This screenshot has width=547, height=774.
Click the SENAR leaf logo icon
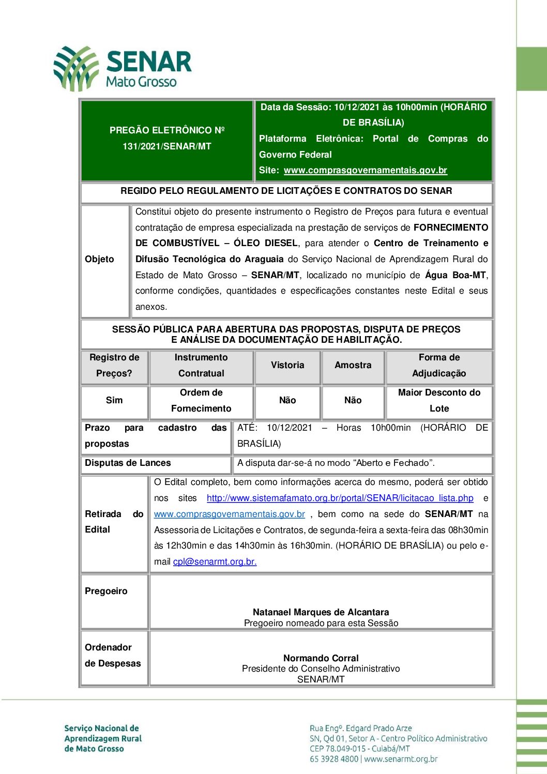(x=76, y=68)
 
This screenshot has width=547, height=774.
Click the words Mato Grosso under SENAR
(x=141, y=82)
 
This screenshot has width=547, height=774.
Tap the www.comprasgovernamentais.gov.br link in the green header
(x=365, y=170)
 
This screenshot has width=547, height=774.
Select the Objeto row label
(x=99, y=259)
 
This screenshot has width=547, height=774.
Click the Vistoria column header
(x=287, y=365)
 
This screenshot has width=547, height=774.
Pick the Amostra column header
(x=353, y=365)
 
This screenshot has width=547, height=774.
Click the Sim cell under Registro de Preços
(x=114, y=400)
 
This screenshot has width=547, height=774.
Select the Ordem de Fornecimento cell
(x=201, y=400)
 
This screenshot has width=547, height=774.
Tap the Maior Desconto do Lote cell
(x=439, y=400)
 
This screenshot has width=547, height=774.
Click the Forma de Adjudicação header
(x=439, y=365)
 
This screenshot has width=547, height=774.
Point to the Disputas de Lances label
(x=128, y=463)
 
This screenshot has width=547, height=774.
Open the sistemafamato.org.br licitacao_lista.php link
(x=340, y=498)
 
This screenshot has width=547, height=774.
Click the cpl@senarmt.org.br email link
(x=215, y=561)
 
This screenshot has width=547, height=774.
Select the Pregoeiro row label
(x=106, y=591)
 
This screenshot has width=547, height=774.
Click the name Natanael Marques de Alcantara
(x=321, y=612)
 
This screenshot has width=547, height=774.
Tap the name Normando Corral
(x=321, y=658)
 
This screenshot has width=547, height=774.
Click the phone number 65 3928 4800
(x=334, y=759)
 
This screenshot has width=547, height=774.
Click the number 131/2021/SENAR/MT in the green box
(x=166, y=146)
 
